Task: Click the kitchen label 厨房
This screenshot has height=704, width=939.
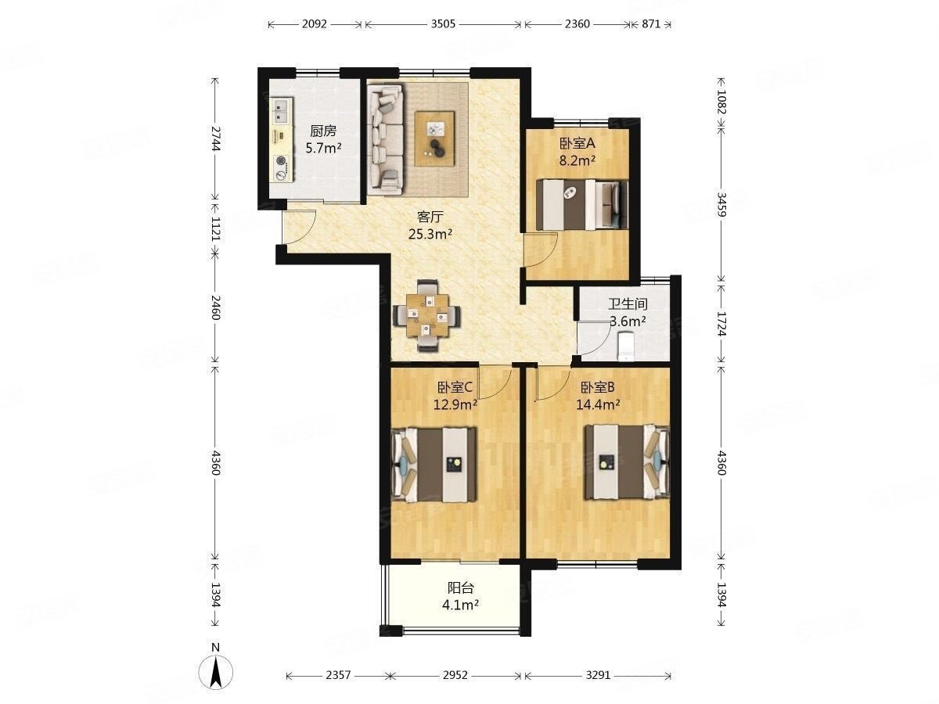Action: coord(323,131)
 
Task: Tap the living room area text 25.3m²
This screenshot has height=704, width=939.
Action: coord(430,234)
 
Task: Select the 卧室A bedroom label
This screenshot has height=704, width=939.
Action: coord(577,144)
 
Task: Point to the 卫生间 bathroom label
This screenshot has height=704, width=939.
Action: coord(628,304)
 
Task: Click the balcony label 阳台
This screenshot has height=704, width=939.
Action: coord(460,587)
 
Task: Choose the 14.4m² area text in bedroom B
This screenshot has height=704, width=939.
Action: coord(598,404)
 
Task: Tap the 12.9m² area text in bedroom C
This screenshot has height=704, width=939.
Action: coord(455,404)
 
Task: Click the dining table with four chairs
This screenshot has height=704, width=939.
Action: coord(427,316)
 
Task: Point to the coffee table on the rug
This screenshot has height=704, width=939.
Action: coord(435,138)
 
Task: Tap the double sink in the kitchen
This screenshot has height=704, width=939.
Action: coord(281,111)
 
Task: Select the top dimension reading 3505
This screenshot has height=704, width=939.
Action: coord(443,24)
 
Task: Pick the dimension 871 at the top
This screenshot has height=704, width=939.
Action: coord(651,24)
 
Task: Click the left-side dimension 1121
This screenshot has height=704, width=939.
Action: coord(216,229)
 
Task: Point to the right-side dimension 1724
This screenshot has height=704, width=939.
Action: coord(721,324)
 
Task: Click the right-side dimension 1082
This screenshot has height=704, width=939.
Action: coord(721,102)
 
